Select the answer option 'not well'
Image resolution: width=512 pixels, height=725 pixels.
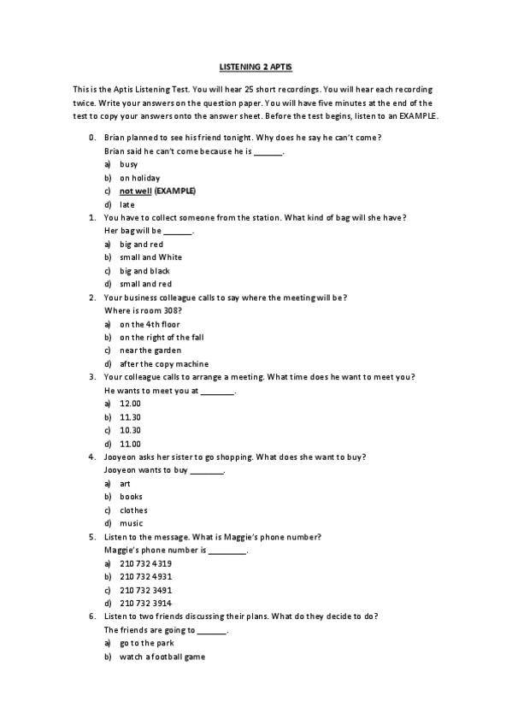click(x=135, y=191)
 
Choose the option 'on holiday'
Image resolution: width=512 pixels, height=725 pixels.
click(x=139, y=178)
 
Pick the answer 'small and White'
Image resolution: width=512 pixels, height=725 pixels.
click(x=150, y=256)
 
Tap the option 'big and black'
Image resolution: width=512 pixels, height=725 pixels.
click(x=144, y=270)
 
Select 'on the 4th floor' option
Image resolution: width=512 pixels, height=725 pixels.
click(x=150, y=324)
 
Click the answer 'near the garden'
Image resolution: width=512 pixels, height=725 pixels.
click(x=150, y=350)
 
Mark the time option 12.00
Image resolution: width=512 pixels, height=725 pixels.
click(x=130, y=403)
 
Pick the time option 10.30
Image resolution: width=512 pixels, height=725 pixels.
click(x=130, y=430)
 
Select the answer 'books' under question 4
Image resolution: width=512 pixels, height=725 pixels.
click(x=131, y=496)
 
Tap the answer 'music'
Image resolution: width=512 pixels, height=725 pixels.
click(x=131, y=523)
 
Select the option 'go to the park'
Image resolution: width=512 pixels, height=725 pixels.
click(x=147, y=642)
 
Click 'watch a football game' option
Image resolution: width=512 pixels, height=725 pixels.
click(x=162, y=657)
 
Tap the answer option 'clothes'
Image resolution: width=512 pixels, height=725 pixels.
click(x=133, y=510)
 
